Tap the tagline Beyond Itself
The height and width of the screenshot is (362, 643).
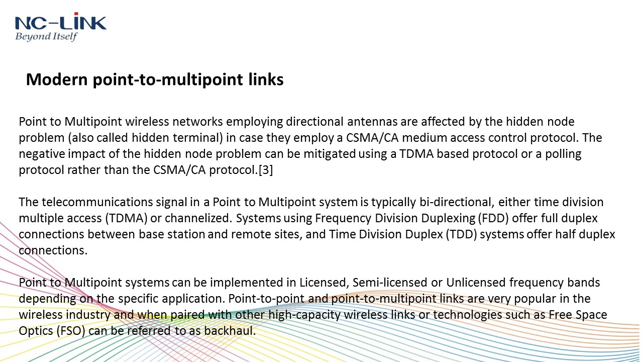(46, 37)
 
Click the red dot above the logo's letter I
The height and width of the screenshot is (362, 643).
(76, 14)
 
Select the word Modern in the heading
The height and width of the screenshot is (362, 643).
(57, 79)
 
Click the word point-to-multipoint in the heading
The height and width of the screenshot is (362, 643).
(168, 80)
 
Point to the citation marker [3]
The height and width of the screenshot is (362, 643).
(266, 170)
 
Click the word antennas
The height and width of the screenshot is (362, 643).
(372, 122)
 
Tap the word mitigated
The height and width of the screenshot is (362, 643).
(330, 154)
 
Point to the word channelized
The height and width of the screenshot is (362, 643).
(198, 218)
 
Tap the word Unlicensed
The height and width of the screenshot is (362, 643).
(476, 283)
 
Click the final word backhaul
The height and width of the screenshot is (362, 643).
(230, 331)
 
